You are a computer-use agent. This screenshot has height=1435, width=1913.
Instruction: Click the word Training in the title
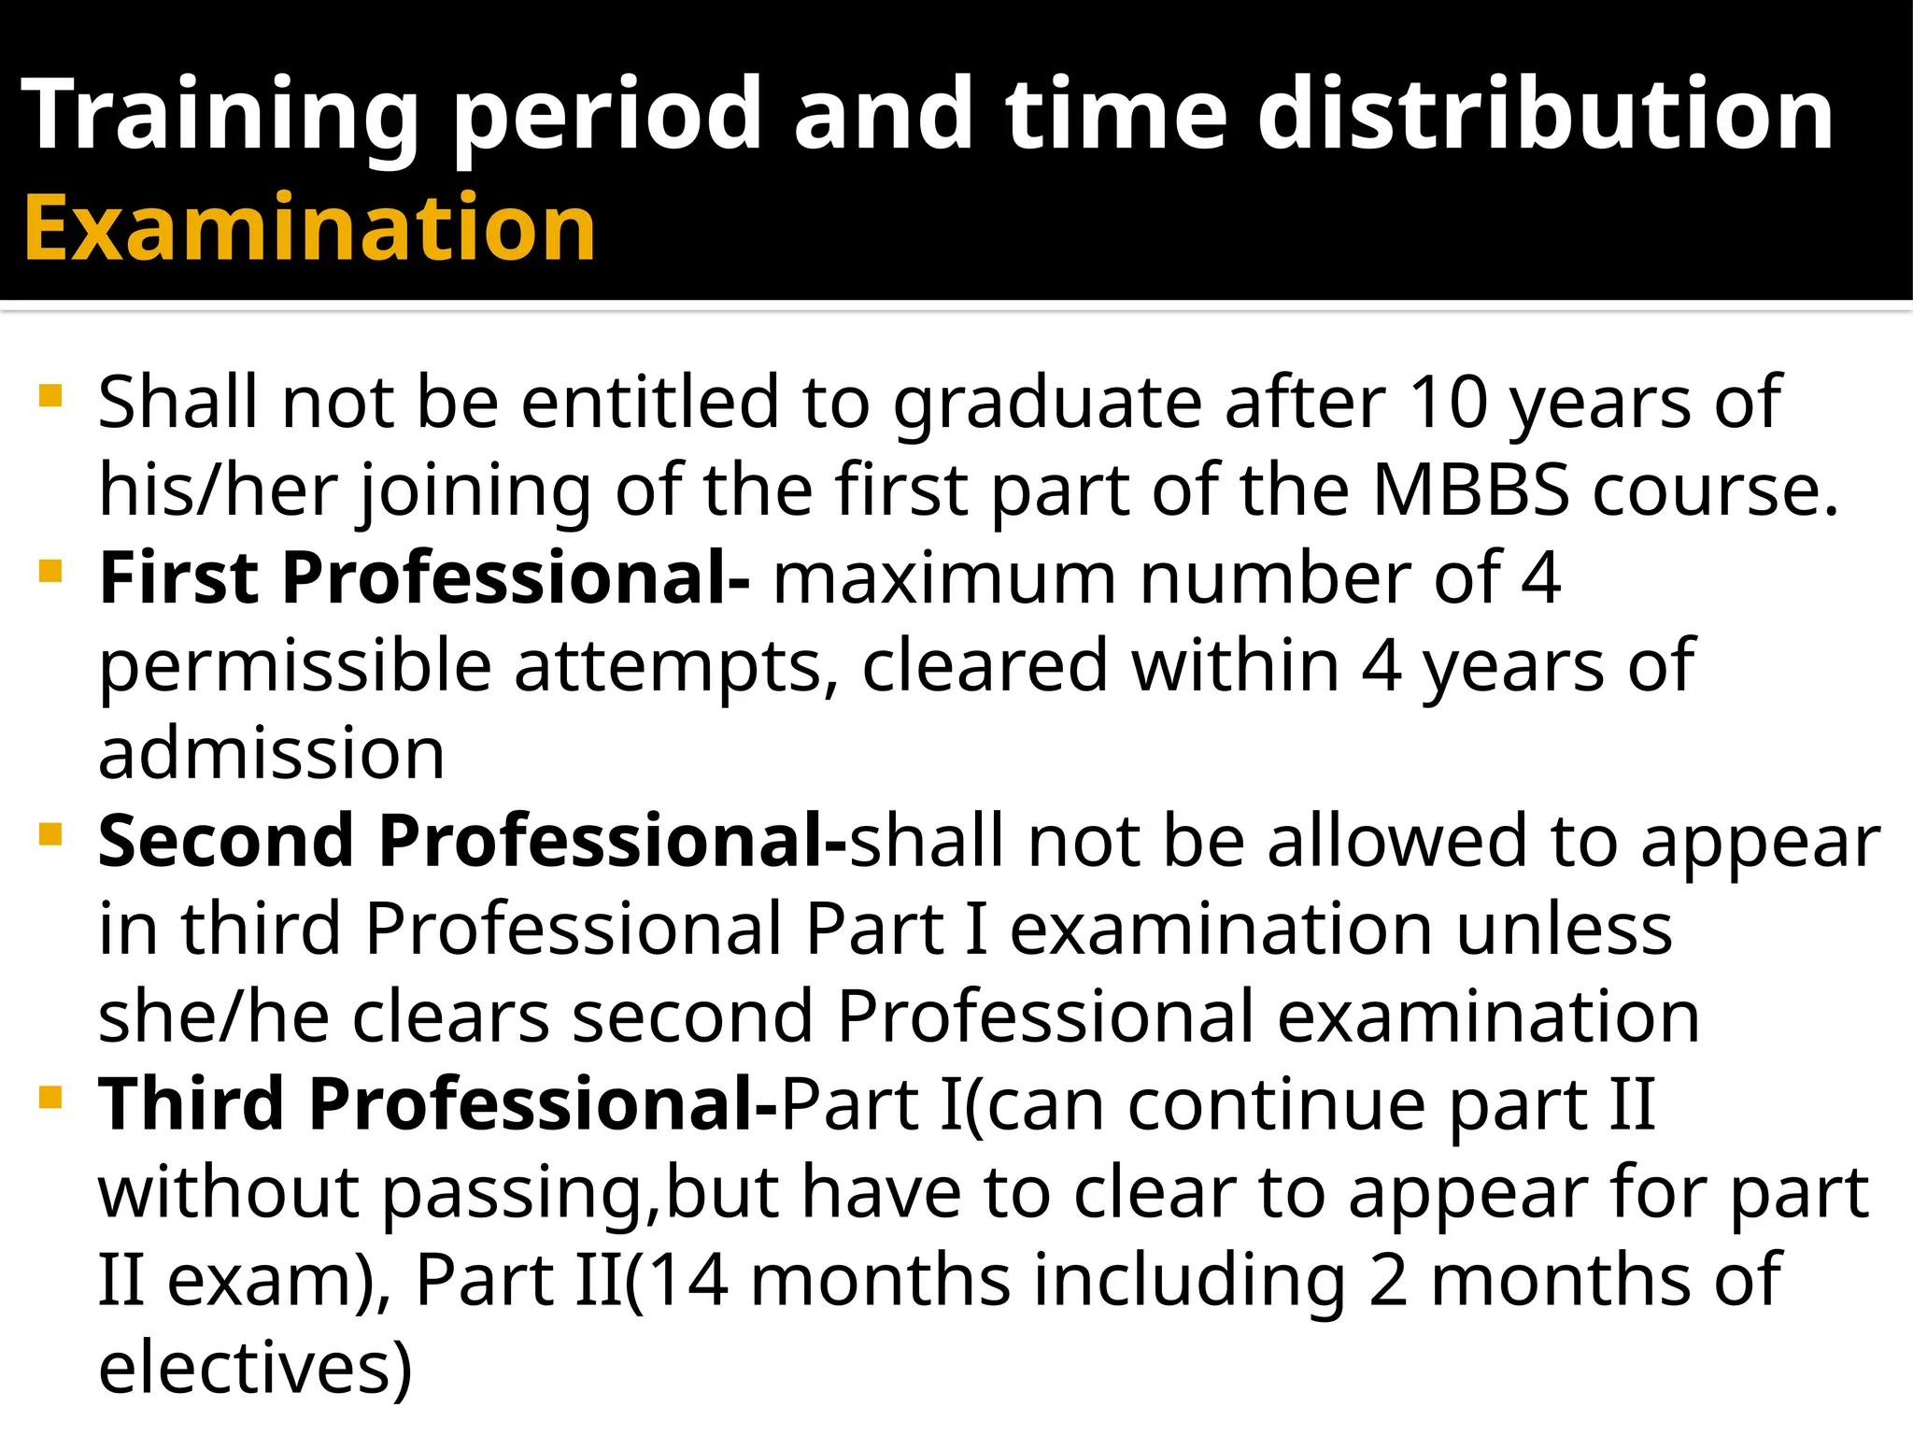[x=220, y=115]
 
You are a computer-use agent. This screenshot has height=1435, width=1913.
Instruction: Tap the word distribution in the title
[x=1545, y=115]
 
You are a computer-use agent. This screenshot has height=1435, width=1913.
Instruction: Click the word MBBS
[x=1471, y=489]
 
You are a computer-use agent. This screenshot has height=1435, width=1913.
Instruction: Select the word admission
[x=271, y=753]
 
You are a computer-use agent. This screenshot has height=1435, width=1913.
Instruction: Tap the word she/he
[x=214, y=1016]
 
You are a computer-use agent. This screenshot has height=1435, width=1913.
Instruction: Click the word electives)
[x=255, y=1367]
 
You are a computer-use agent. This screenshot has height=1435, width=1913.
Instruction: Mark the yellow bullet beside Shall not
[x=51, y=396]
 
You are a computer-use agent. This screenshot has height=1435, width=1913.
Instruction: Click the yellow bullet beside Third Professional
[x=51, y=1097]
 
